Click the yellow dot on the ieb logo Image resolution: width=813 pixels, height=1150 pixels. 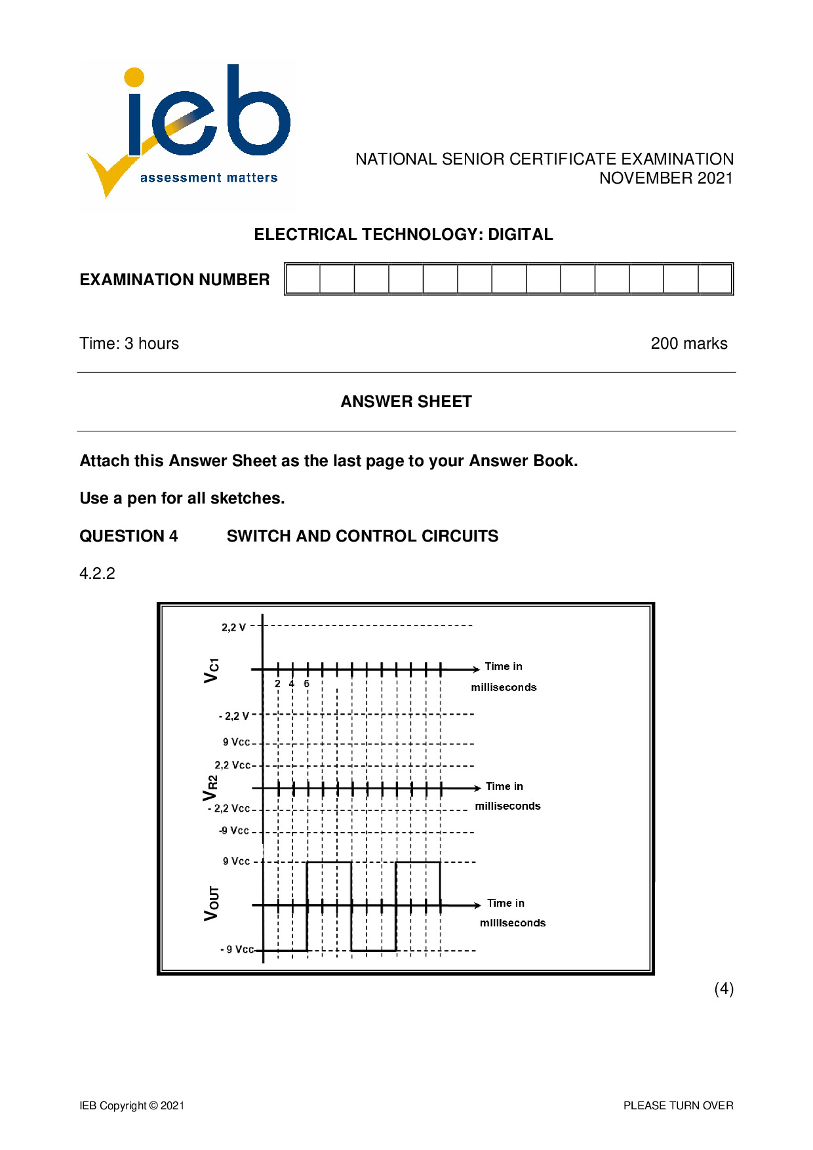pos(134,77)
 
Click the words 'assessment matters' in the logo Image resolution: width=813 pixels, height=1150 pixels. pos(208,178)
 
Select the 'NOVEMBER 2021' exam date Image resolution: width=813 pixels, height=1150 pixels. pos(665,178)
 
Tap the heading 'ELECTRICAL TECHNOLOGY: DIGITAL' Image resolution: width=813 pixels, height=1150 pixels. pos(403,235)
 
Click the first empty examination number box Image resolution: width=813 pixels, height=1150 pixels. pos(304,279)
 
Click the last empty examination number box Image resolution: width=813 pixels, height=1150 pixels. pos(715,279)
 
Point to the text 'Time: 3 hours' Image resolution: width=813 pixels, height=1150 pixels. pos(129,344)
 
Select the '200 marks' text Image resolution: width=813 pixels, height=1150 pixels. pos(688,344)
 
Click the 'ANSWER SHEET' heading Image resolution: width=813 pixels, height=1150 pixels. pos(406,402)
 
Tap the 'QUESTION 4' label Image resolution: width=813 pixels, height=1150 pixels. pos(129,536)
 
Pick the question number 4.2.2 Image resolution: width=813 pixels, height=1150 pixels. pos(97,574)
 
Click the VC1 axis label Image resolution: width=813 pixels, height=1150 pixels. pos(211,670)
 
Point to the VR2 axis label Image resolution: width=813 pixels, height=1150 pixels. pos(210,788)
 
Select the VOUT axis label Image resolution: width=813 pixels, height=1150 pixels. pos(212,903)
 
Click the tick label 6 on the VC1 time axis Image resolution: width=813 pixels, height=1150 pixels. pos(306,684)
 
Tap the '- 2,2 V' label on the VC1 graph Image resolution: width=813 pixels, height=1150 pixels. pos(234,716)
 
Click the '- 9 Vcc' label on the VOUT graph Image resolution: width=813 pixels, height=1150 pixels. pos(237,949)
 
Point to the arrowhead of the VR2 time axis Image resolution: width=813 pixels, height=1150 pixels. pos(477,788)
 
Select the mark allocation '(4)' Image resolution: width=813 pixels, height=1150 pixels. pos(723,989)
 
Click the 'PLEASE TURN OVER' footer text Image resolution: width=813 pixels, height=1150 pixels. pos(678,1105)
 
